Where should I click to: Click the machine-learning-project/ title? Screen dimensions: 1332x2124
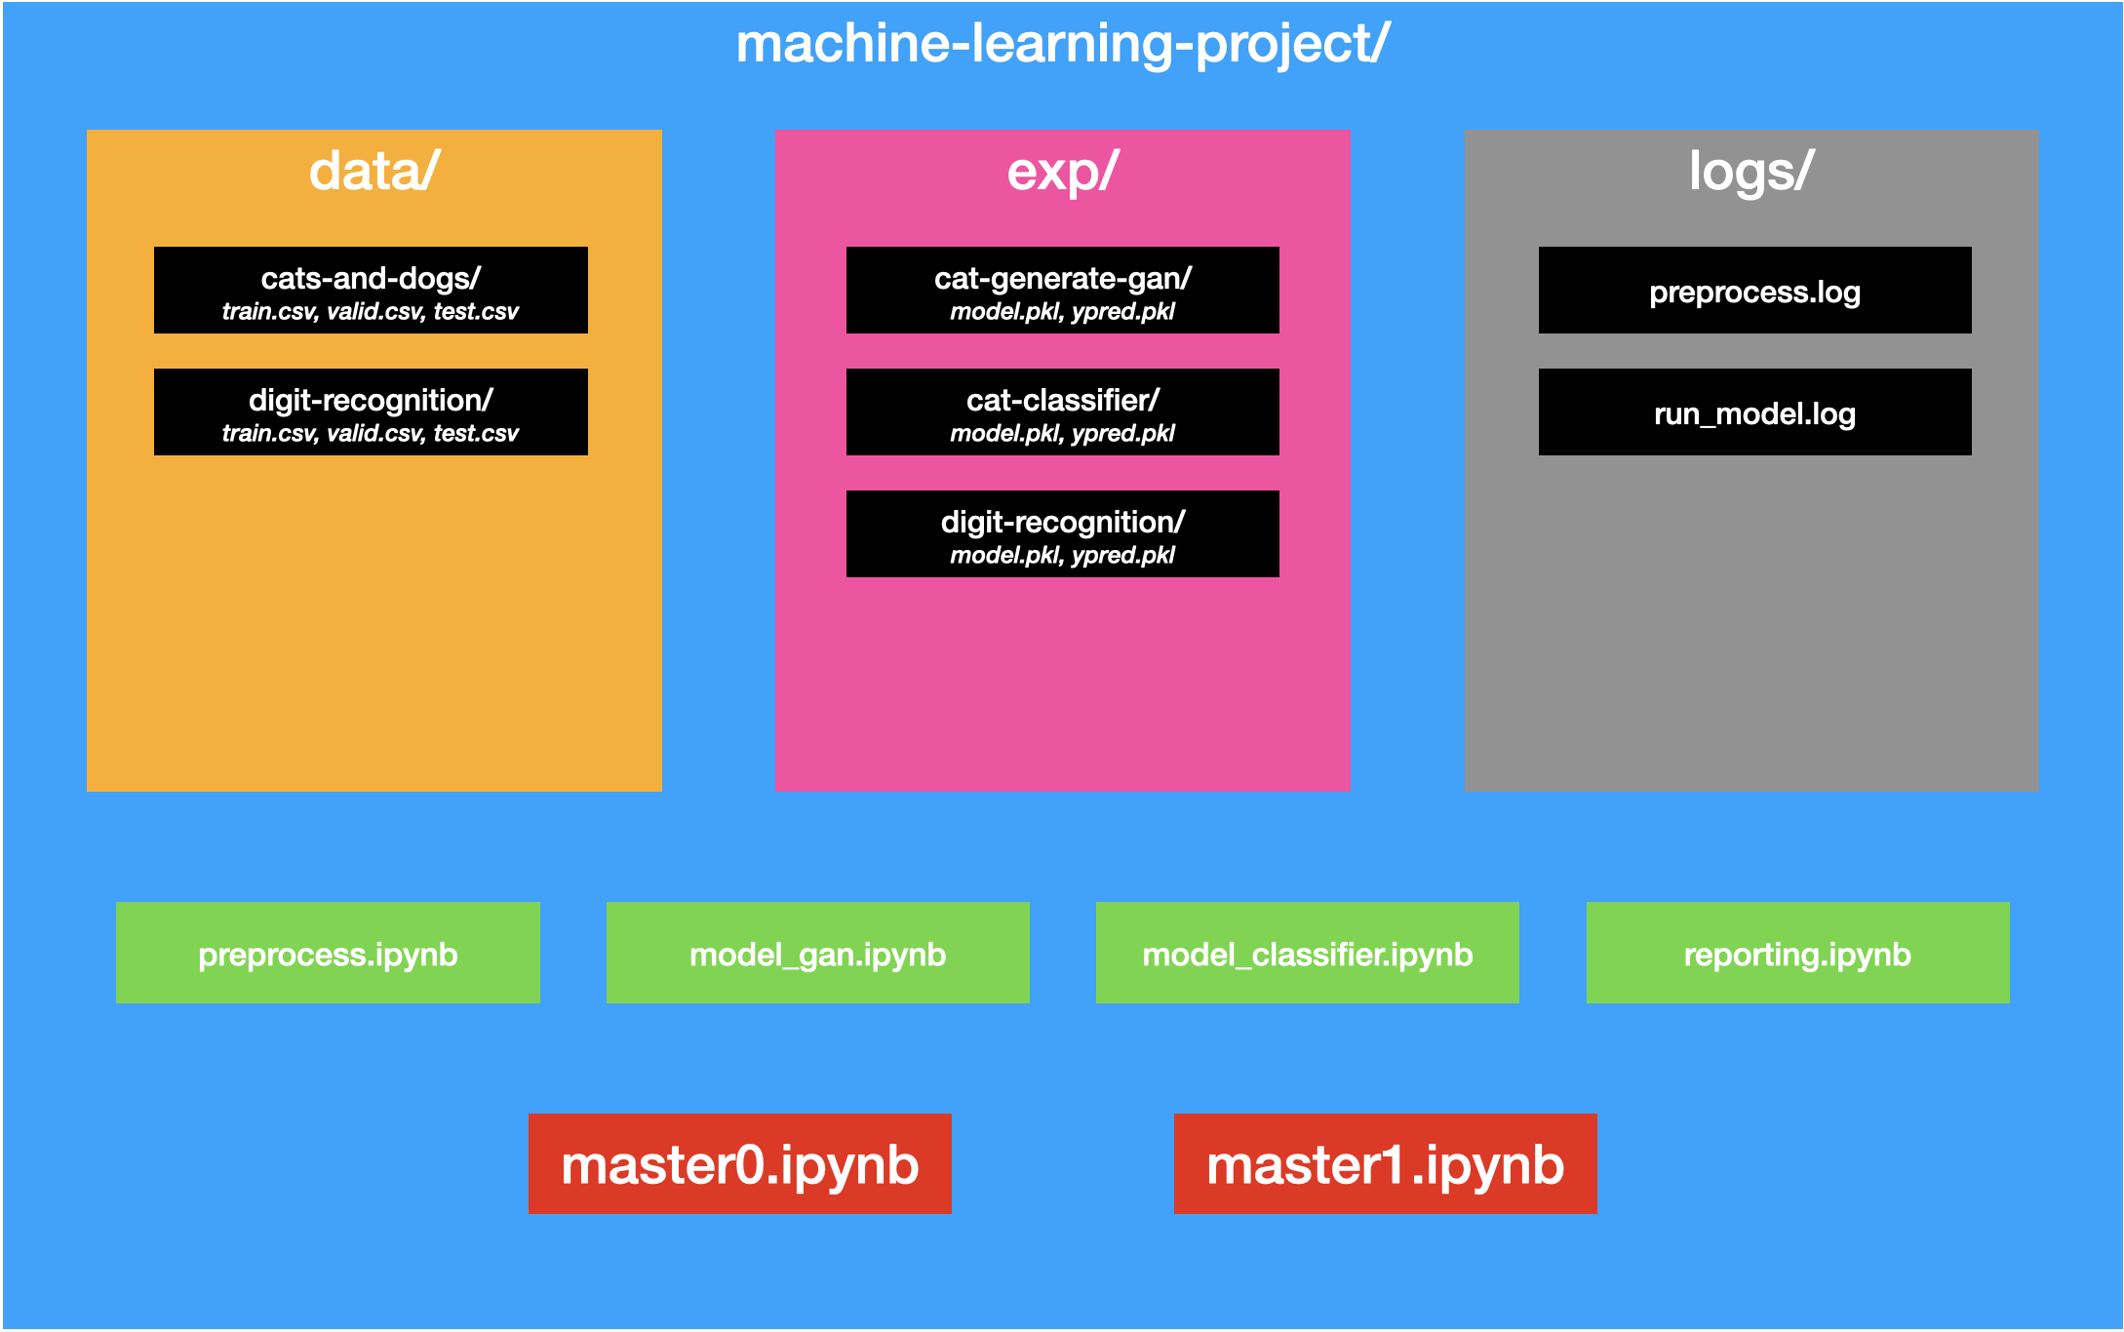(1062, 45)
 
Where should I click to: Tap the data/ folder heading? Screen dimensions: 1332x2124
(374, 172)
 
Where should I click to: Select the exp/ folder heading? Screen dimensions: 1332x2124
(1062, 172)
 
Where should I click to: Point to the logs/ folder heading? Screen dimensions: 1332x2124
(1750, 172)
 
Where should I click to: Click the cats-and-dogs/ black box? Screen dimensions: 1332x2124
(371, 290)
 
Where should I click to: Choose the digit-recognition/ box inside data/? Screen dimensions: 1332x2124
(371, 411)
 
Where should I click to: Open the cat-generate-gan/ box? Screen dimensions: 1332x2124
(1062, 290)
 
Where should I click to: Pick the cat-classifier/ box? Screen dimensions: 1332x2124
(1062, 411)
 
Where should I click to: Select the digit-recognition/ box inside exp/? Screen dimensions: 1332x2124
(1062, 533)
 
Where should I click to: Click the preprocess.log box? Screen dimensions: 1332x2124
(1754, 291)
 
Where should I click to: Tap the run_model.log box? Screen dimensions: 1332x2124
(1754, 412)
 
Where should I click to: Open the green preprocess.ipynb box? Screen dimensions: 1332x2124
(328, 953)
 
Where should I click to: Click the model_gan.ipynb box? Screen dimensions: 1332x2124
(817, 953)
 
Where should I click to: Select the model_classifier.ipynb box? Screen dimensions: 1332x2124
(1307, 953)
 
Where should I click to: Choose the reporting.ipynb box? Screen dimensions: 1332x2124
(1797, 953)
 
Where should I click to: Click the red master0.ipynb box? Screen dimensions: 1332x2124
(739, 1163)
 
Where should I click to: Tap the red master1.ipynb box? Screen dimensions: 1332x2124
(1385, 1163)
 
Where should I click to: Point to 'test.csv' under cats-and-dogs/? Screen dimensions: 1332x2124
(476, 312)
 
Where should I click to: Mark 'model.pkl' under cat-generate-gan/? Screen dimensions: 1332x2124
(1003, 312)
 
